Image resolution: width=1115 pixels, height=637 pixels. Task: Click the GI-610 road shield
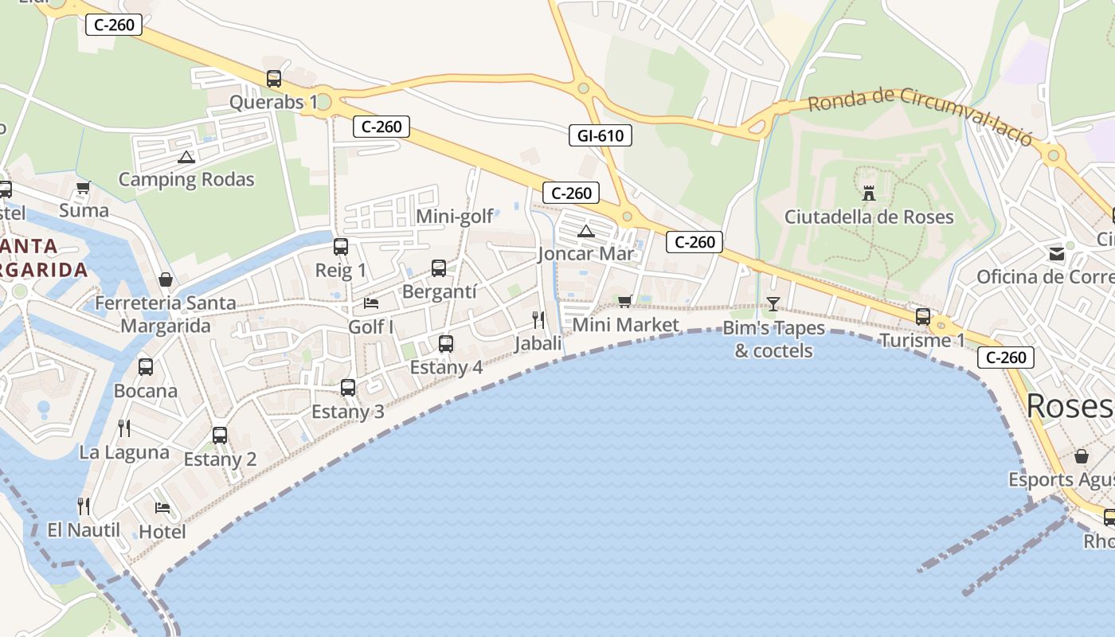(601, 135)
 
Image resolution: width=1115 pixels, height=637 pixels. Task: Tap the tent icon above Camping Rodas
(186, 157)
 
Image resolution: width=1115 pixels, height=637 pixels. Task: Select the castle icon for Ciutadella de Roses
(869, 193)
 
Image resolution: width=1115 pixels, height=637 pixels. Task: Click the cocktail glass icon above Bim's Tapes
(773, 303)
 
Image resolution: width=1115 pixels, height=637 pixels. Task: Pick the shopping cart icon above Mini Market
(625, 301)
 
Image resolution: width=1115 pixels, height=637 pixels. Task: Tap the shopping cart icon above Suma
(84, 188)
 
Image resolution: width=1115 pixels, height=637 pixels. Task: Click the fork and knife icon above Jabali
(538, 320)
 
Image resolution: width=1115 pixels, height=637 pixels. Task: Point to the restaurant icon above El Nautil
(84, 506)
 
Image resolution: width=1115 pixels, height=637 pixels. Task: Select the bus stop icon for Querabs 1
(274, 79)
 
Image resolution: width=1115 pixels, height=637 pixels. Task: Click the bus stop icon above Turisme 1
(923, 317)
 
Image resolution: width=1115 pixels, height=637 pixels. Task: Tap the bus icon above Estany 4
(446, 344)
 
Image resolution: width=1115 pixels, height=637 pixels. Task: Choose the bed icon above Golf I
(371, 303)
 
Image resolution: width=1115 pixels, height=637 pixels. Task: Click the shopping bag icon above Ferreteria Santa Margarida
(166, 279)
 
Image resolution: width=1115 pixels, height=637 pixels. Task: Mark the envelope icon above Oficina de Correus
(1057, 254)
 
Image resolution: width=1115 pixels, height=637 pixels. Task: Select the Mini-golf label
(455, 216)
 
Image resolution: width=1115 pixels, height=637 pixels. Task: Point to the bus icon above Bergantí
(439, 268)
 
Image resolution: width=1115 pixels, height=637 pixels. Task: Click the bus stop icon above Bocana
(146, 367)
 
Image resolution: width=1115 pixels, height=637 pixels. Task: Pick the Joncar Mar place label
(586, 254)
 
